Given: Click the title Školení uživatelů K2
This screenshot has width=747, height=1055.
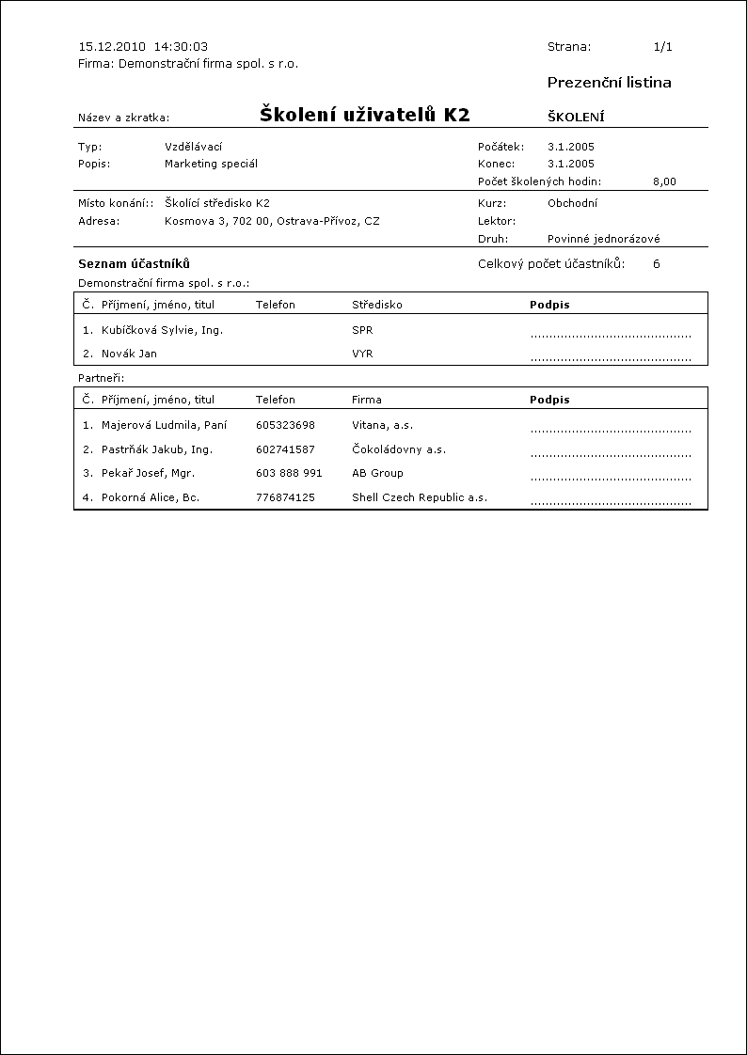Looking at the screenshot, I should (364, 116).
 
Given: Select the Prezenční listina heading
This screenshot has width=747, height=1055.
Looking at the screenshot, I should (609, 83).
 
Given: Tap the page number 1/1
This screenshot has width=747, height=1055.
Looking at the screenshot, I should (662, 46).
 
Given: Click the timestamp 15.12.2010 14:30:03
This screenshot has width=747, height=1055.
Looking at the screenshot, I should (143, 46).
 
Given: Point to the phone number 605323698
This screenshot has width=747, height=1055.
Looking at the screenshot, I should (285, 425).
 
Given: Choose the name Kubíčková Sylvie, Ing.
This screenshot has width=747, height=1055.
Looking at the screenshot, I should (162, 330).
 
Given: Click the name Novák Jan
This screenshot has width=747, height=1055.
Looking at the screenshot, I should (129, 354).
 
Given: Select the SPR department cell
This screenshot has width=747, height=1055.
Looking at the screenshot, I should (362, 330).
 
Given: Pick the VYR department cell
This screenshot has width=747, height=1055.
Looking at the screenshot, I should (362, 354).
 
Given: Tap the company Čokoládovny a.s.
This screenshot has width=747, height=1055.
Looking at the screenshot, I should (399, 449).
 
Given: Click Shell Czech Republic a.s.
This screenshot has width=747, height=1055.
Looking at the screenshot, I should (420, 497).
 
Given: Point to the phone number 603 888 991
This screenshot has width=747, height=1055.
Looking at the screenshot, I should (289, 473).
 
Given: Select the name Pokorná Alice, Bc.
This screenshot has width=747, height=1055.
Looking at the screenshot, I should (151, 497).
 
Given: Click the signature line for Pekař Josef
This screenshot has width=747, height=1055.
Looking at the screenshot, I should (611, 478).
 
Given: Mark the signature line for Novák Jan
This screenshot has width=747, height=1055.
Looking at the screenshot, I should (611, 358).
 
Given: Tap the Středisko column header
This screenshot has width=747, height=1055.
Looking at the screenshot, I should (377, 305).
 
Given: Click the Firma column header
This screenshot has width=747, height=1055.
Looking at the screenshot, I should (367, 400).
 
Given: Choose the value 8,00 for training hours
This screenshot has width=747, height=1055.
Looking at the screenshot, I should (663, 181).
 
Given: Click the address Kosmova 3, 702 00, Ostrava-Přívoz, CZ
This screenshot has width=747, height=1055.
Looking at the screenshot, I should (272, 221).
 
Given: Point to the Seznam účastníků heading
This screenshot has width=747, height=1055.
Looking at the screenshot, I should (134, 264).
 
